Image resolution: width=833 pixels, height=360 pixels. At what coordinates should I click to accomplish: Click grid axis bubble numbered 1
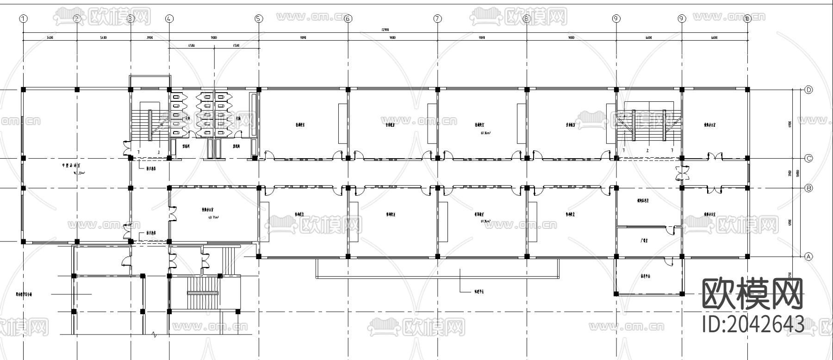point(24,19)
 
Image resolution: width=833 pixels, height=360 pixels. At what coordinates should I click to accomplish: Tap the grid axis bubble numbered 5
point(259,19)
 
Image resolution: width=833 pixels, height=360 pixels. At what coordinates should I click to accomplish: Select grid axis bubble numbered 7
point(437,19)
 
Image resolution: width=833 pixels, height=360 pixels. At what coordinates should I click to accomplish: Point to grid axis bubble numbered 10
point(747,19)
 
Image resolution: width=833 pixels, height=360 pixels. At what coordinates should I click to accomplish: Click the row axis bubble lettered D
point(808,90)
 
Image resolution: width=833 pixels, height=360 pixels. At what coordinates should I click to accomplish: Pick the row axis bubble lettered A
point(808,256)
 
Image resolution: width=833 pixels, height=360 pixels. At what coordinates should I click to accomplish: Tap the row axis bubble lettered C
point(808,158)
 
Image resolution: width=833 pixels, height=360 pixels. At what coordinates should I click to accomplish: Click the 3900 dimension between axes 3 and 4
point(149,38)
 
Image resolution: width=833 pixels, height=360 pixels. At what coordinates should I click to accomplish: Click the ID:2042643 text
point(753,323)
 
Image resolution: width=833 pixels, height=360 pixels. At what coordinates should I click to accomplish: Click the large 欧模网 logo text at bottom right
point(752,294)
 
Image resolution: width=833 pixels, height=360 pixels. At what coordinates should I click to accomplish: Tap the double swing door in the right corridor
point(682,173)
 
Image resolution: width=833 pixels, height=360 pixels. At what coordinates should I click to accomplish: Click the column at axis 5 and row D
point(259,89)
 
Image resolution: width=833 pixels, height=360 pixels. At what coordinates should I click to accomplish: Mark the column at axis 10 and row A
point(747,256)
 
